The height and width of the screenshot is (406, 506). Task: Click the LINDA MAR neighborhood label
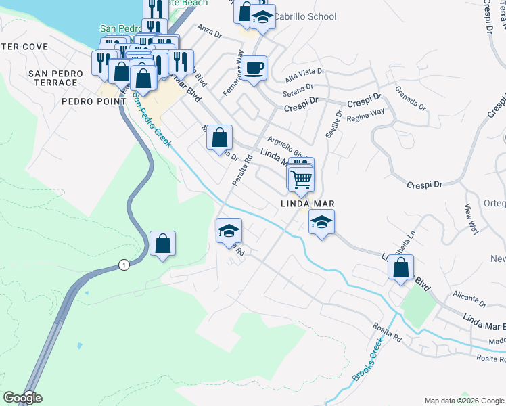coord(308,204)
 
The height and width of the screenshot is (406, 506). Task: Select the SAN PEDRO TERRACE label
coord(53,78)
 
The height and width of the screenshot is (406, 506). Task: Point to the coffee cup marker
coord(254,68)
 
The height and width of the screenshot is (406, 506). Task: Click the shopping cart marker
coord(301,179)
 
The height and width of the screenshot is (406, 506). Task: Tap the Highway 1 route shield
coord(122,265)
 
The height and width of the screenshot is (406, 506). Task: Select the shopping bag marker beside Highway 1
coord(163,244)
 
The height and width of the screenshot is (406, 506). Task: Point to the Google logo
coord(22,398)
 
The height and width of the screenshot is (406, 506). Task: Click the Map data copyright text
coord(464,400)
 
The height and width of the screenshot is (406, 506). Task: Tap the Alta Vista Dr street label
coord(305,72)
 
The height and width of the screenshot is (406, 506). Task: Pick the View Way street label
coord(471,219)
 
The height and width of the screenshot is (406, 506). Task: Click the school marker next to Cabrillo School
coord(262,18)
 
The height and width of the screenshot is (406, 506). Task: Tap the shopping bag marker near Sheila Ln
coord(401,267)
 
